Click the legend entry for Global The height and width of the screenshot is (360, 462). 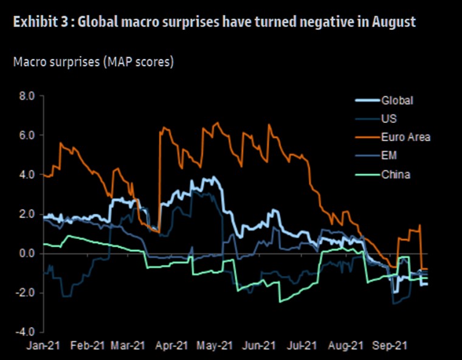(396, 100)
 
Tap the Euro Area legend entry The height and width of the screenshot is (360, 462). (405, 137)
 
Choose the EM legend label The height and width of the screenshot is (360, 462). (388, 156)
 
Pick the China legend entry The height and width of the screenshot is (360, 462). (395, 175)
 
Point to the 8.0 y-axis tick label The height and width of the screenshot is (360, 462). (27, 95)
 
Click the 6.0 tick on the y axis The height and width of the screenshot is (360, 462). (27, 135)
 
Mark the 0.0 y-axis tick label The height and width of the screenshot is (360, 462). (27, 254)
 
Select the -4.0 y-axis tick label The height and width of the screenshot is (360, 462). (26, 333)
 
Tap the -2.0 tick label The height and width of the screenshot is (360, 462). (26, 293)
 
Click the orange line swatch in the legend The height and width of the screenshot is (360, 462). (367, 137)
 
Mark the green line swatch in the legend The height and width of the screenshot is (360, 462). (367, 175)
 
